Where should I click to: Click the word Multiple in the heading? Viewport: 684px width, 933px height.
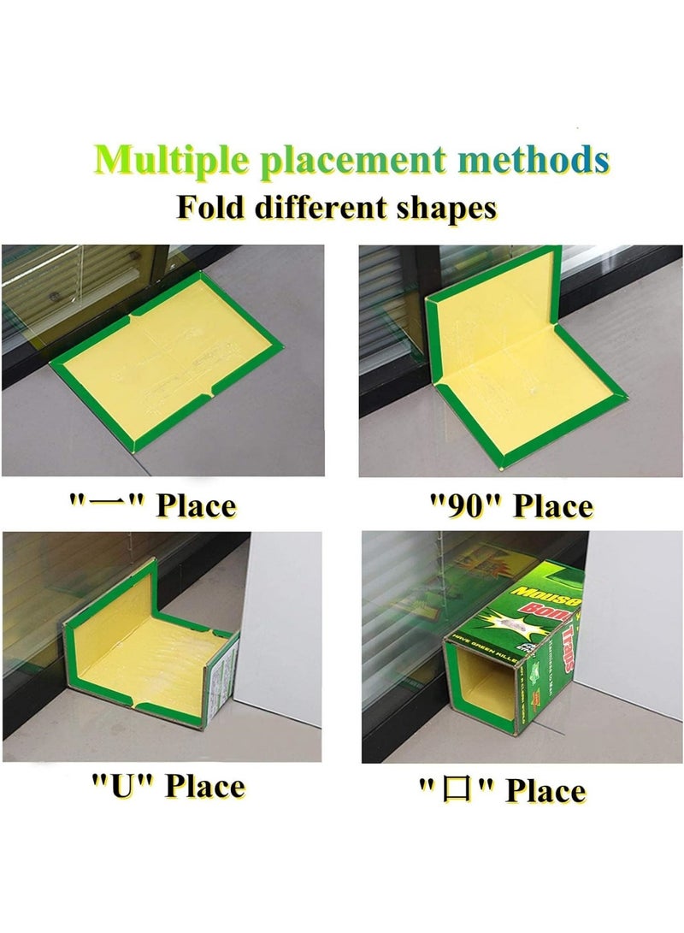(x=169, y=159)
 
